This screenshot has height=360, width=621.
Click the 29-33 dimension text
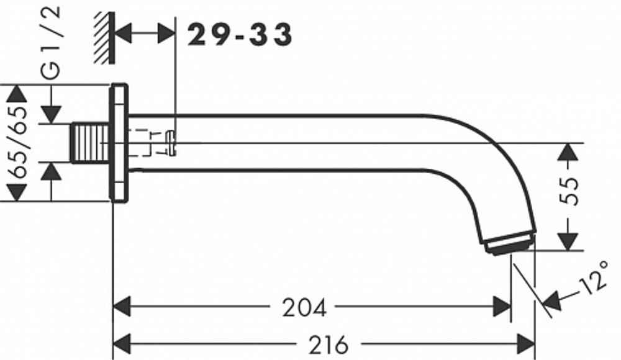click(240, 35)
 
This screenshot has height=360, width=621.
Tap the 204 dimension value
click(304, 307)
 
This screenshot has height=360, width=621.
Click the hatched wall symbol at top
click(105, 38)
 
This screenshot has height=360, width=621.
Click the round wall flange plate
click(119, 143)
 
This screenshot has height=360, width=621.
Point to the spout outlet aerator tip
click(510, 244)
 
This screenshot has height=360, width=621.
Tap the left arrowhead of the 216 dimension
click(121, 342)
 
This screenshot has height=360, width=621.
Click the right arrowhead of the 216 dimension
click(527, 342)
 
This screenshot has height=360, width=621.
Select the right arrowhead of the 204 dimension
click(502, 306)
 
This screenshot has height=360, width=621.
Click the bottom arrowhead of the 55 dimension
click(568, 241)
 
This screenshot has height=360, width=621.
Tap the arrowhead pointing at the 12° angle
click(551, 302)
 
